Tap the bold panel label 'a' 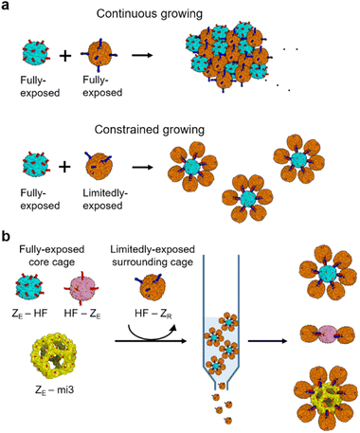tap(7, 8)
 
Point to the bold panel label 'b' tap(7, 230)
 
